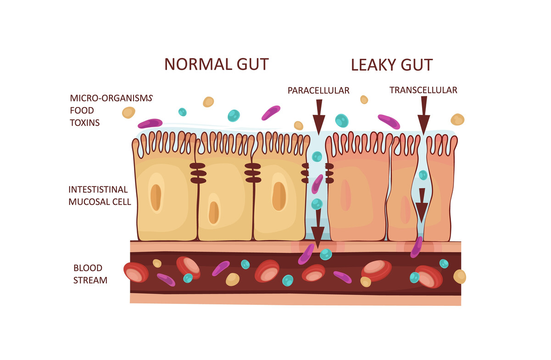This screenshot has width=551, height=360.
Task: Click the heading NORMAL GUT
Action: pos(216,64)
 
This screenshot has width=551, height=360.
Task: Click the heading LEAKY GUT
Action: pos(391,65)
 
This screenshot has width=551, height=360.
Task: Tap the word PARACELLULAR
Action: pos(318,90)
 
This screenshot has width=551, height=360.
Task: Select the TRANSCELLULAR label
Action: pos(423,90)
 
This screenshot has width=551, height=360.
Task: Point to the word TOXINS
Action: pos(85,123)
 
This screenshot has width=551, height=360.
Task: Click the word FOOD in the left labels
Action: pos(82,110)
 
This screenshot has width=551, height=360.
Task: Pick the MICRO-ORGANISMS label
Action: pos(111,98)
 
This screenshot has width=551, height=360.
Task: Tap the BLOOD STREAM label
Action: pos(90,274)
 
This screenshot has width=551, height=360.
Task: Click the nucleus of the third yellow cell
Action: pos(278,196)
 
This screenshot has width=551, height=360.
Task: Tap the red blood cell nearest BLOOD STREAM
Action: pos(136,272)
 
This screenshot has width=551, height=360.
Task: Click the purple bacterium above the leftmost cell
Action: pos(150,123)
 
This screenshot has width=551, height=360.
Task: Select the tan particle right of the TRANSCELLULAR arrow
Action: pos(457,119)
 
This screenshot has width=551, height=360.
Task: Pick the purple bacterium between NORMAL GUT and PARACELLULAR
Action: pos(271,112)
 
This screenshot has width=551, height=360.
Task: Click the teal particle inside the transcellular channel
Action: pos(423,175)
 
